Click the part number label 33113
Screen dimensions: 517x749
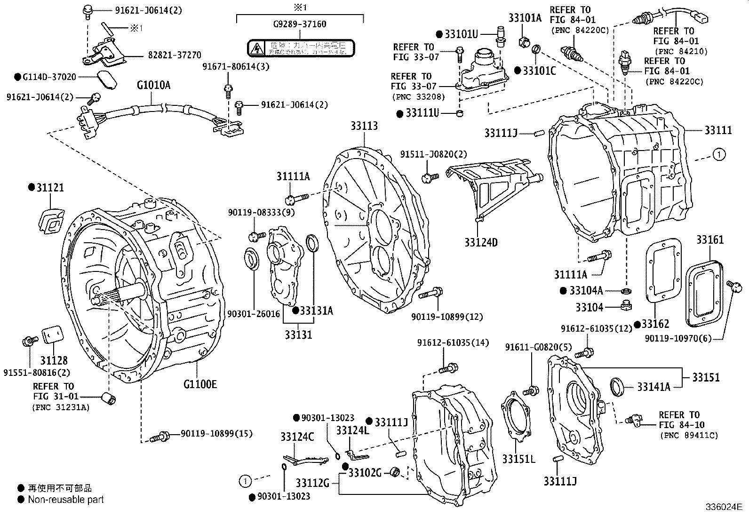(x=364, y=126)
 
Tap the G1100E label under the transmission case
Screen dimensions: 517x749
(x=200, y=384)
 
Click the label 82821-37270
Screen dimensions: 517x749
(x=175, y=55)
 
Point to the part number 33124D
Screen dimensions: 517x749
(x=480, y=243)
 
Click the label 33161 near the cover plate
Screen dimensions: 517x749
(x=710, y=240)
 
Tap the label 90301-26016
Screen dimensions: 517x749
(x=254, y=313)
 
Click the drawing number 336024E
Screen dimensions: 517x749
(x=723, y=507)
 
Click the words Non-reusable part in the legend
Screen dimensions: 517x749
(x=66, y=500)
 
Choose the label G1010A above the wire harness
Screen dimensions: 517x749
(x=153, y=85)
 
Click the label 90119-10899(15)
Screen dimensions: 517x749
(x=216, y=433)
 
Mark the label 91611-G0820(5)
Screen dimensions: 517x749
(x=538, y=347)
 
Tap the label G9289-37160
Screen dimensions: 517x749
(x=299, y=24)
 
